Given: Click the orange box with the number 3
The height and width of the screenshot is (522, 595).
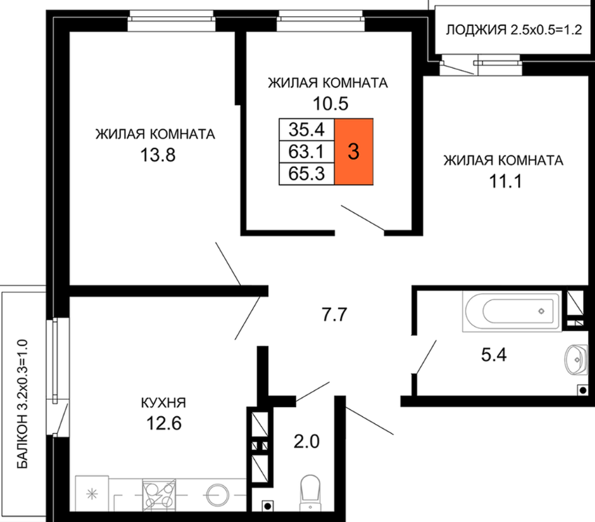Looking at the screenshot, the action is [x=353, y=152].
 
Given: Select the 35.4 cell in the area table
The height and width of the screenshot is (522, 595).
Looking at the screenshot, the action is [x=307, y=129].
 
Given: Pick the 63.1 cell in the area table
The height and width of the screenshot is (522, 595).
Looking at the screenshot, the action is [x=307, y=152].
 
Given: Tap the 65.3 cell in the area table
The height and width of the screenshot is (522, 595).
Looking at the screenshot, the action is [x=307, y=174].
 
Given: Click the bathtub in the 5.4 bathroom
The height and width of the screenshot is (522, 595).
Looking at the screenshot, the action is [x=512, y=311].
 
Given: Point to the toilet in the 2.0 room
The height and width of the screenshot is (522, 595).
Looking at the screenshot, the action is [x=310, y=492].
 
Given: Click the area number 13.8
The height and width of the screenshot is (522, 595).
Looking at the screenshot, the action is [x=158, y=155].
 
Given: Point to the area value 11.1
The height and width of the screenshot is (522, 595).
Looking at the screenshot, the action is [x=505, y=181].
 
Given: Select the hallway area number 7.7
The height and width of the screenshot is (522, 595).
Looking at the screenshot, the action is [x=335, y=315].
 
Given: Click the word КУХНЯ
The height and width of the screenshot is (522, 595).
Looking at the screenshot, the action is [x=164, y=402].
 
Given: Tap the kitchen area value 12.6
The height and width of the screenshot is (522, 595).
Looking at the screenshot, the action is [x=164, y=423].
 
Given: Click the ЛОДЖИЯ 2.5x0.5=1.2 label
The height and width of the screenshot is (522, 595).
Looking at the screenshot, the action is [x=514, y=29].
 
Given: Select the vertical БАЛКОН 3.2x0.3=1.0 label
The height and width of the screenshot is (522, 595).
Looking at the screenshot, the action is [x=23, y=404].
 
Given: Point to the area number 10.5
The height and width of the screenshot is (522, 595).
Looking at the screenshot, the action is [x=330, y=104].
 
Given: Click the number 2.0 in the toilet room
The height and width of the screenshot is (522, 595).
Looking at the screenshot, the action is [x=307, y=442].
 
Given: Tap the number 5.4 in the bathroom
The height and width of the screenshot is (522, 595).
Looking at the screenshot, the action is [x=494, y=355].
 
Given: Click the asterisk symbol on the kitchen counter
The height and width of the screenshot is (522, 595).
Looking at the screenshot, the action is [x=92, y=494].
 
